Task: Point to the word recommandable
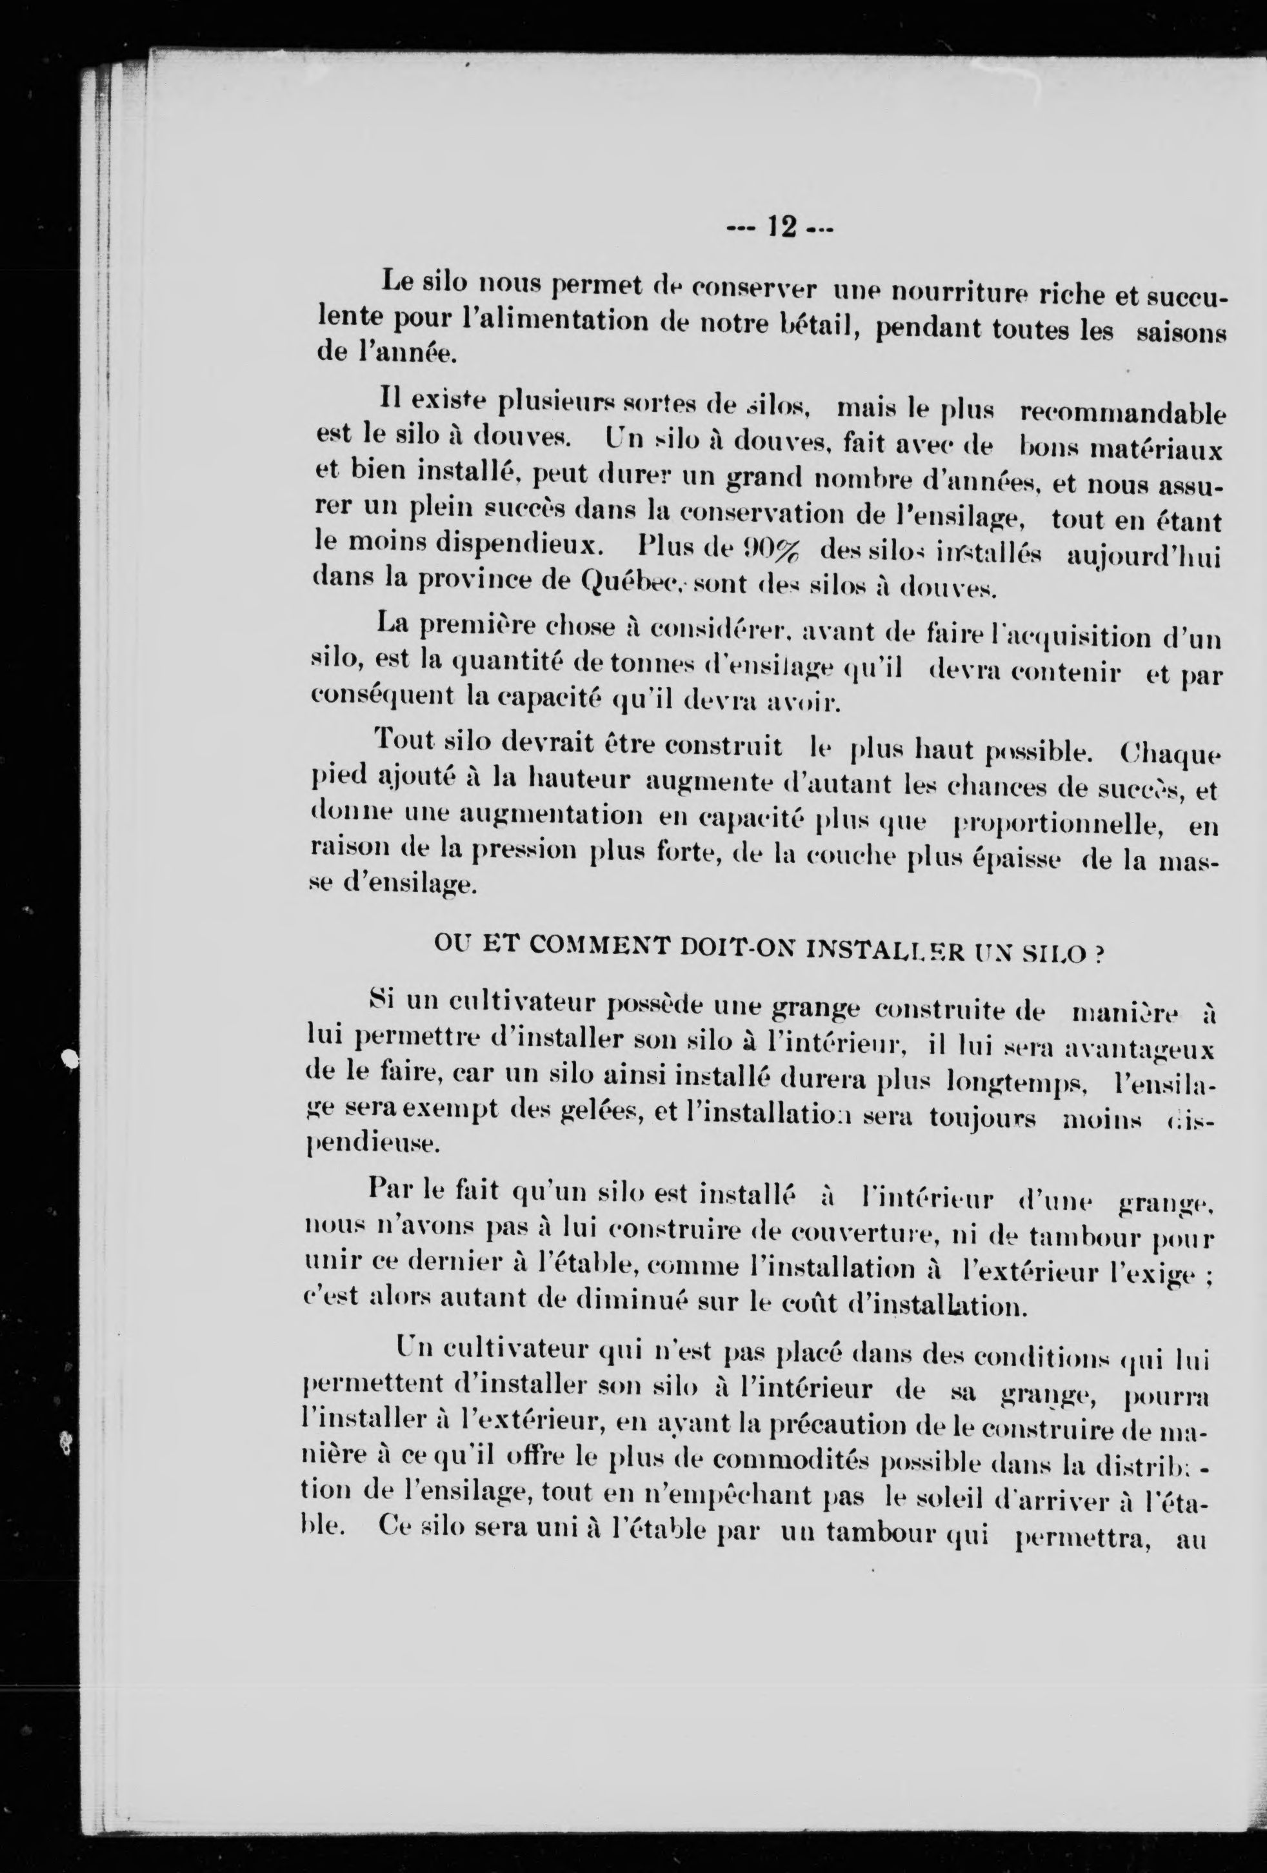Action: (x=1122, y=413)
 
